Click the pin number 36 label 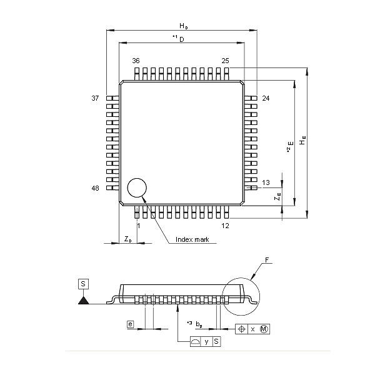coord(136,61)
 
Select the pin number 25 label coord(225,61)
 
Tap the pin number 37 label coord(96,99)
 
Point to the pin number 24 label coord(266,99)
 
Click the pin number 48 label coord(96,187)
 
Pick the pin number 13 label coord(266,182)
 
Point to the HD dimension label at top coord(183,26)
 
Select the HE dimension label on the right coord(302,141)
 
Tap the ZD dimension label coord(127,239)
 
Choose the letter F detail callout coord(267,259)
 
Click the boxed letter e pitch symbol coord(130,324)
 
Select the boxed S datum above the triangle coord(83,284)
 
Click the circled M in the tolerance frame coord(264,329)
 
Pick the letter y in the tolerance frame coord(206,341)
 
